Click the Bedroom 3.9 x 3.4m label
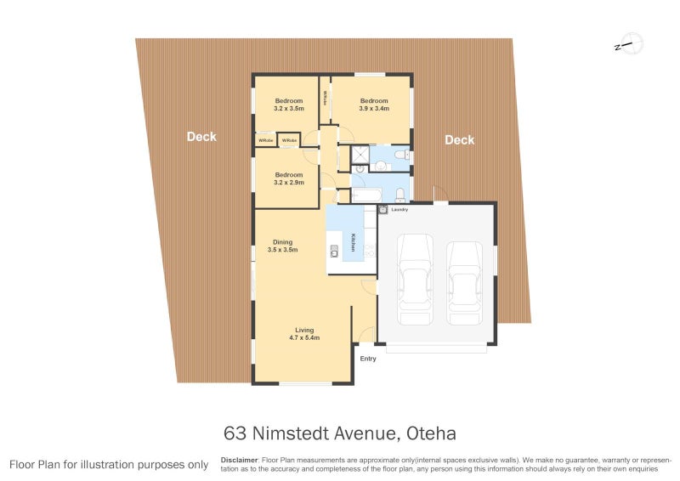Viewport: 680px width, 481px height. point(374,105)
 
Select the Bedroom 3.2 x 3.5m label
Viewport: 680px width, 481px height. point(288,105)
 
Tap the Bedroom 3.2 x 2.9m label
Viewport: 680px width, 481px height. point(288,178)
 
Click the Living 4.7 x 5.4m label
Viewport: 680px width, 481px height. point(304,334)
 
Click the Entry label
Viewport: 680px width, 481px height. point(368,359)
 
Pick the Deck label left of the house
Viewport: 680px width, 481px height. point(201,137)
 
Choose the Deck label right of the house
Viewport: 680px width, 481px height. point(459,140)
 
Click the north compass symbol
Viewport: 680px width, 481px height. point(629,44)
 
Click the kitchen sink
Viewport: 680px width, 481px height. point(334,249)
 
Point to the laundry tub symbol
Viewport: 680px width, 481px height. point(383,209)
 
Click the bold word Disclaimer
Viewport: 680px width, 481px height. point(239,460)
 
